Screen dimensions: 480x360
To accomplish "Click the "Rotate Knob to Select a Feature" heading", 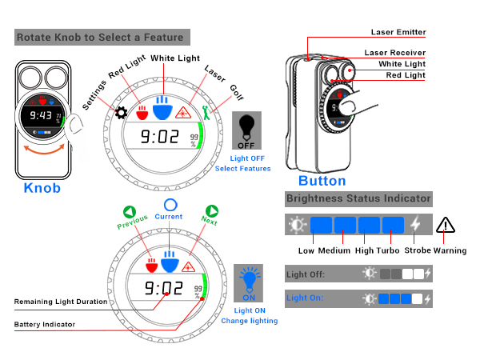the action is click(x=100, y=38).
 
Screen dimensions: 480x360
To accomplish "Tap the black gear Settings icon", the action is click(x=121, y=113).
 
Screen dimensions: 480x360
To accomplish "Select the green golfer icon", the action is click(x=206, y=112).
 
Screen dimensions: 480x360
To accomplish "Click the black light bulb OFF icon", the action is click(x=246, y=130).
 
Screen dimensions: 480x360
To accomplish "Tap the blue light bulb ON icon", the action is click(x=248, y=283).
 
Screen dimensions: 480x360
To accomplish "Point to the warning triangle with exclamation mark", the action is click(x=446, y=226).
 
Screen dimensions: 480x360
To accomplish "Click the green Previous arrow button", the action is click(x=129, y=212).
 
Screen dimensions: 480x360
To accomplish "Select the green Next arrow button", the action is click(x=212, y=211).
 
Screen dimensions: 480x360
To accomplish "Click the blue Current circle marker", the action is click(x=170, y=205).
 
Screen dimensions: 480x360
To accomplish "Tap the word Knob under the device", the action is click(x=42, y=188).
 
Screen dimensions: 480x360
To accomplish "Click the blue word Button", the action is click(x=322, y=181).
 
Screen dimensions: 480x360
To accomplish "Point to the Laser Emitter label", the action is click(x=398, y=32).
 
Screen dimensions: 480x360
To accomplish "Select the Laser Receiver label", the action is click(x=395, y=53).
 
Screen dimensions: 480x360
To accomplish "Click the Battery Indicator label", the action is click(x=45, y=325).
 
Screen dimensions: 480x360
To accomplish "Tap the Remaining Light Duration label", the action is click(x=61, y=302).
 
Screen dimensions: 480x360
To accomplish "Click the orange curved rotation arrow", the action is click(x=45, y=150).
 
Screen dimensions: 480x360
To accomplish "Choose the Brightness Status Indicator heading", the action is click(x=358, y=198).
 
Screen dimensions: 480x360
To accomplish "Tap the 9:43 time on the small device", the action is click(x=41, y=115).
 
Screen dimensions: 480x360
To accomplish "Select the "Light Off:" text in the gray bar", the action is click(x=306, y=274).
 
